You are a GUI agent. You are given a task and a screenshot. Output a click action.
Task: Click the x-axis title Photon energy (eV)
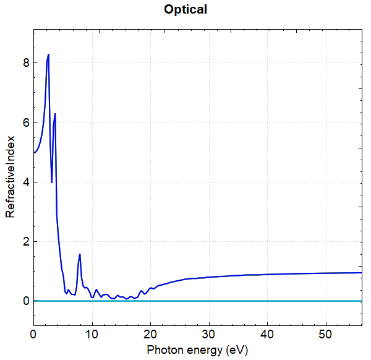click(197, 350)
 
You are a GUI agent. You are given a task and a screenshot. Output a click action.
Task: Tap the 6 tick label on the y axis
click(25, 123)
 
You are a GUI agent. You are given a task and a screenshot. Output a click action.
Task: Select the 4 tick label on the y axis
click(25, 182)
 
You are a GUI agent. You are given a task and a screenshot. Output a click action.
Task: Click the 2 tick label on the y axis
click(25, 242)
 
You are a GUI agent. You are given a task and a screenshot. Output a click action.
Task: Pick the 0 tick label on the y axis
click(25, 301)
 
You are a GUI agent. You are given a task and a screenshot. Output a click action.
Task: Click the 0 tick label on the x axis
click(33, 334)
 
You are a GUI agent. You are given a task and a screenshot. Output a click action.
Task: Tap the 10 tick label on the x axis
click(92, 334)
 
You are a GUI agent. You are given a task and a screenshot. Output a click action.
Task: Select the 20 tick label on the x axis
click(151, 334)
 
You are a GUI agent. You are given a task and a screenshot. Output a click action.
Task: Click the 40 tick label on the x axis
click(268, 334)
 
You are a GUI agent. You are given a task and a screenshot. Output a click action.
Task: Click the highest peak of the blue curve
click(48, 54)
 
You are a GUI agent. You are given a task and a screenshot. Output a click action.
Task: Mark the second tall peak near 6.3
click(55, 114)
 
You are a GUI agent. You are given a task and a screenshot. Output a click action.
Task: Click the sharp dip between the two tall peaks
click(51, 182)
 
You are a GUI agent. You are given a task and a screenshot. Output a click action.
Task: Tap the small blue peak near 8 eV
click(80, 254)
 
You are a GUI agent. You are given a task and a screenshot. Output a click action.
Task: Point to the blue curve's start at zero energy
click(34, 153)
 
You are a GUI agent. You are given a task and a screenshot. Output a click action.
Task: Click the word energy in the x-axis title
click(205, 350)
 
